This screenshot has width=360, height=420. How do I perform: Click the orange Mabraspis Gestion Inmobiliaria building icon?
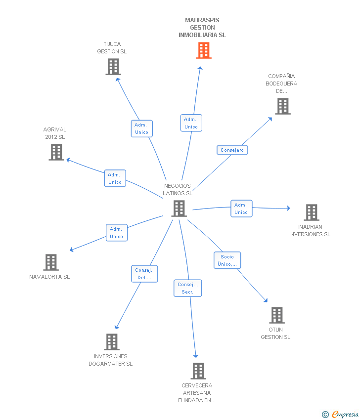click(204, 50)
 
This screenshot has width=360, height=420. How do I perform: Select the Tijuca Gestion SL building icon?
click(113, 67)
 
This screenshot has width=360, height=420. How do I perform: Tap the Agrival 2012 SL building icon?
click(57, 152)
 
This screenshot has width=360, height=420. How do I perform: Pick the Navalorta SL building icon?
click(51, 262)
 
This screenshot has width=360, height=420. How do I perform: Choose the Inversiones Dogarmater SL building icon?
click(112, 341)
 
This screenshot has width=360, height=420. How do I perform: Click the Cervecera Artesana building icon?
click(198, 371)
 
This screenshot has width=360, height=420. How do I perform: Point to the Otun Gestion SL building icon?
click(277, 315)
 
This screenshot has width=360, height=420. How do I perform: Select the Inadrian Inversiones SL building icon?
click(311, 212)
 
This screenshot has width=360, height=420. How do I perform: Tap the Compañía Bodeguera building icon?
click(282, 106)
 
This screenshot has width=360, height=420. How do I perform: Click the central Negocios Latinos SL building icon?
click(179, 209)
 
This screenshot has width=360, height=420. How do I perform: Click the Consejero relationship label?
click(232, 150)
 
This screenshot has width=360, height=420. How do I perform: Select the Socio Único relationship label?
click(227, 260)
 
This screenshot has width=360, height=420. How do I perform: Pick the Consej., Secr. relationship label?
click(188, 288)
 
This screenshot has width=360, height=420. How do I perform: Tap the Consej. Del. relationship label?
click(145, 274)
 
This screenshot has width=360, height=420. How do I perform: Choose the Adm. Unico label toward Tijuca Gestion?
click(141, 128)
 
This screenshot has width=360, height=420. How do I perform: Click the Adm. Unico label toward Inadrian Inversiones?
click(241, 209)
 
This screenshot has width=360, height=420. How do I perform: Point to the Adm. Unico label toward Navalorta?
click(116, 233)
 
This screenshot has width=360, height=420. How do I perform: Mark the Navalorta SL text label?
click(49, 277)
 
